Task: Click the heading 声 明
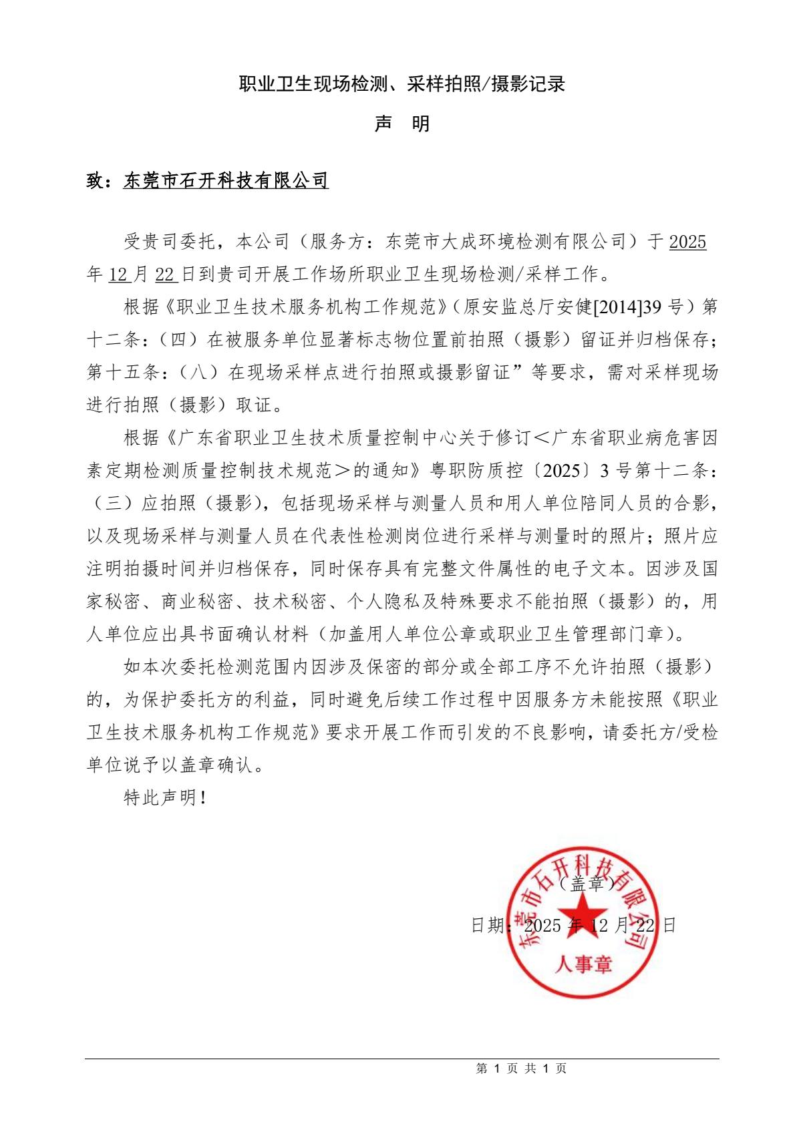[402, 124]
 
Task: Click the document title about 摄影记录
[402, 83]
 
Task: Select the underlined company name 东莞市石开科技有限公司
[226, 180]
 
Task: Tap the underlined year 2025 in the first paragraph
[687, 242]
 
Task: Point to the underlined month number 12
[118, 274]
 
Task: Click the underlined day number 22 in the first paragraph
[164, 274]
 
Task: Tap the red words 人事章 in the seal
[583, 964]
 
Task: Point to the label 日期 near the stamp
[488, 926]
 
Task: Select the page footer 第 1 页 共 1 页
[521, 1069]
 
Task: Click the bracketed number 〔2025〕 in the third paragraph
[560, 471]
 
